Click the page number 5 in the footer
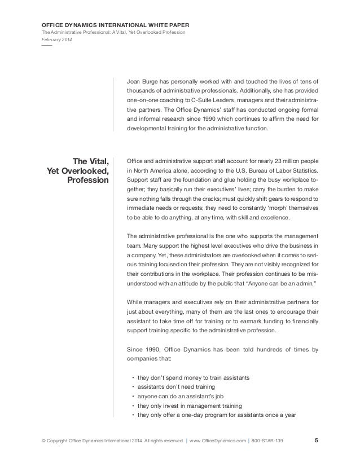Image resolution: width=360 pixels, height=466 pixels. (x=315, y=440)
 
